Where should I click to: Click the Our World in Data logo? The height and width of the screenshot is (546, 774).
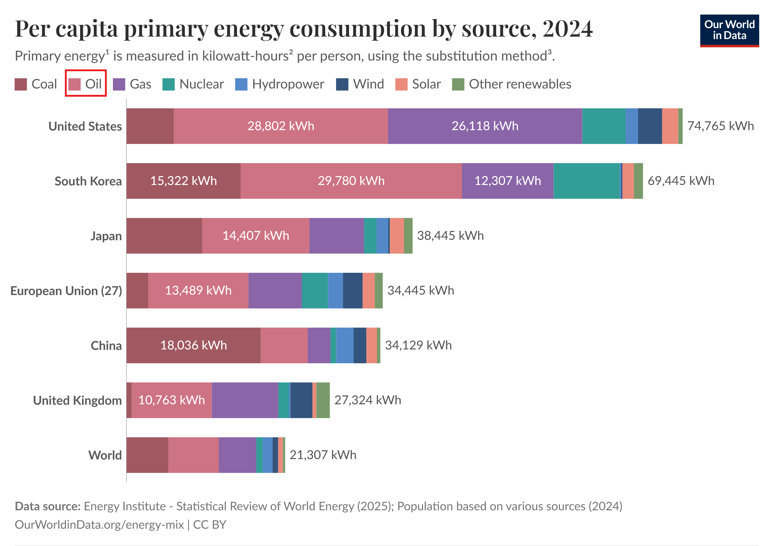coord(729,30)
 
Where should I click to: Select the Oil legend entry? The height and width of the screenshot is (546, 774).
coord(86,84)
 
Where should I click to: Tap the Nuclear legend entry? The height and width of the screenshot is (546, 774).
coord(193,84)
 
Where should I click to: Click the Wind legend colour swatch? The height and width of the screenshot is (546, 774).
coord(342,84)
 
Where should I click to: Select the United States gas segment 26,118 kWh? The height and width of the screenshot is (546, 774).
coord(485,126)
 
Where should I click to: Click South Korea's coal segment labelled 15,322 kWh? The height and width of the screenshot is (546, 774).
coord(183,181)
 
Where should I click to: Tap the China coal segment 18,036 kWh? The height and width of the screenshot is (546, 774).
coord(193,345)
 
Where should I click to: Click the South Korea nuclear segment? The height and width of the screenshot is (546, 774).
coord(587,181)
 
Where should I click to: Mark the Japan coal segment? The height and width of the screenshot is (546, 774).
coord(164,236)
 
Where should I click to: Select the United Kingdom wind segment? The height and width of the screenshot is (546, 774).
coord(301,400)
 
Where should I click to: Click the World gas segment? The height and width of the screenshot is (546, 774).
coord(237,455)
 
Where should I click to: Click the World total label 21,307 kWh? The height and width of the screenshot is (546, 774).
coord(323,455)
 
